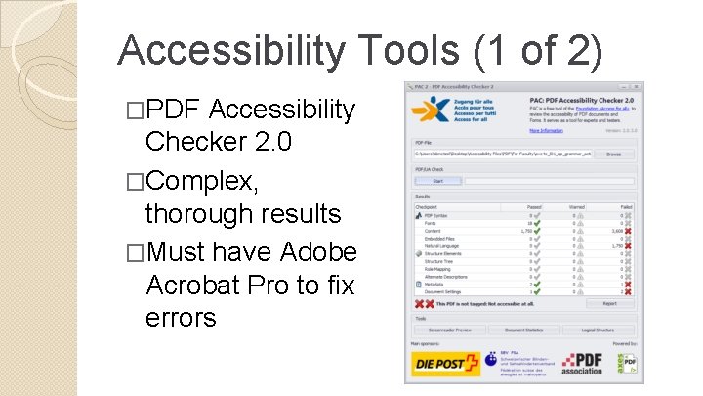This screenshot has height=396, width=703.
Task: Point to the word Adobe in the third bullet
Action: tap(318, 253)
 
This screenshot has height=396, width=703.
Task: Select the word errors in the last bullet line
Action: tap(181, 318)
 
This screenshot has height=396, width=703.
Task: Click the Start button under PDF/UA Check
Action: tap(437, 180)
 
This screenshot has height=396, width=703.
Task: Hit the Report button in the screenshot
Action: tap(609, 304)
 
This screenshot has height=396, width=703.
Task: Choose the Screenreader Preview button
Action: tap(449, 330)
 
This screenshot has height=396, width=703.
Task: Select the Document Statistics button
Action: tap(523, 330)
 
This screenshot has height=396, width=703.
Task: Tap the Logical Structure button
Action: tap(598, 330)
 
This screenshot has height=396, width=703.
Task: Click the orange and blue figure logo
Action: tap(430, 109)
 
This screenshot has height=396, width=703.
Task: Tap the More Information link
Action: tap(547, 130)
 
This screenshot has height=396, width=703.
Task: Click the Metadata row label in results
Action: tap(435, 285)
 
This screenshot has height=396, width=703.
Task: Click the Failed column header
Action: tap(625, 206)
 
